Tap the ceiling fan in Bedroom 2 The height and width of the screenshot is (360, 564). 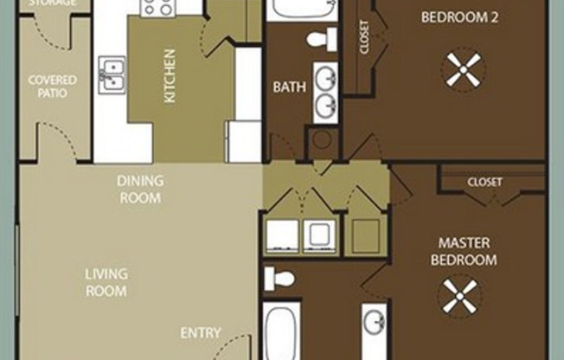463,69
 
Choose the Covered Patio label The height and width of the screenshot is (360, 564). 52,87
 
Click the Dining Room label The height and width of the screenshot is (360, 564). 139,190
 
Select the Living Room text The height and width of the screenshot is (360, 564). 106,282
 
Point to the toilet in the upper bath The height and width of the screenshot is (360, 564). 322,39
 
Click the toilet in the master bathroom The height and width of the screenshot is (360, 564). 279,278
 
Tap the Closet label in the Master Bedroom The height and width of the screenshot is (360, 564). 484,182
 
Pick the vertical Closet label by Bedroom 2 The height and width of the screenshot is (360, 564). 363,37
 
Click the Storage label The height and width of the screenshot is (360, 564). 52,3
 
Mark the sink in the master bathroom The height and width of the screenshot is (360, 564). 375,323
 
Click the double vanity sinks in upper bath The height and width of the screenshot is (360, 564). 326,92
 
